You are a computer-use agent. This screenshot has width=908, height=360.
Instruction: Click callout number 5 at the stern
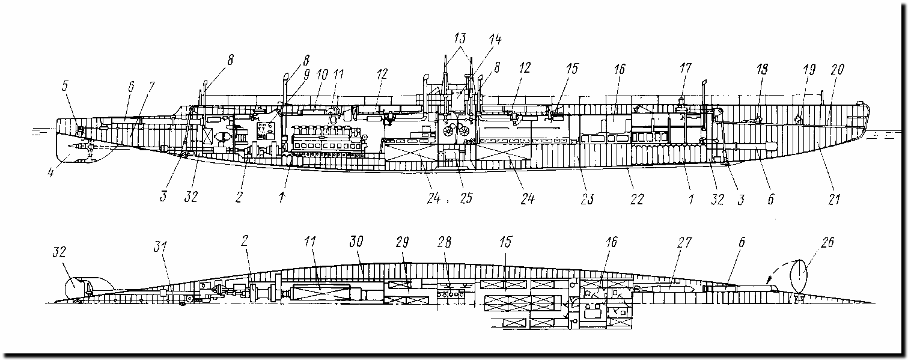pos(64,86)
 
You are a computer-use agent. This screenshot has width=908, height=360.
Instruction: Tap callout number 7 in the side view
pos(150,87)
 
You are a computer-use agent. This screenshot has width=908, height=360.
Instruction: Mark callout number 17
pos(684,69)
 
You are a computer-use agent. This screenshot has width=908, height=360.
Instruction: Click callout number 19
pos(808,69)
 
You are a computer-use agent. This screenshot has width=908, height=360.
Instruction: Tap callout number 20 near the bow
pos(837,69)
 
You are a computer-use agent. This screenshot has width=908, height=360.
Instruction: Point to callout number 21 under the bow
pos(833,198)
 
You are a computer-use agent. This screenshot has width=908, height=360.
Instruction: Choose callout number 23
pos(587,198)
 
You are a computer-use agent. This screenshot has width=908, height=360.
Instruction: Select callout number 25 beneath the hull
pos(466,198)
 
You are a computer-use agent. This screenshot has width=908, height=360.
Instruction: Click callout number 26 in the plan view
pos(826,243)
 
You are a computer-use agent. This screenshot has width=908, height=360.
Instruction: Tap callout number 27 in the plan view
pos(684,243)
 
